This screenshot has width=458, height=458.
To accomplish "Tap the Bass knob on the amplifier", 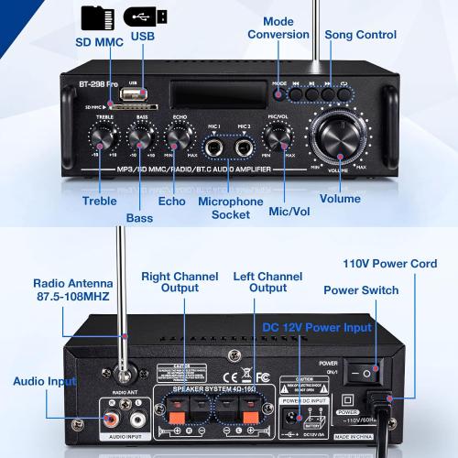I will point(139,136).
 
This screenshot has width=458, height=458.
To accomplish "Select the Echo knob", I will point(178,136).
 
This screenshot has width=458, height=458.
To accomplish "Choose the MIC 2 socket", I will point(243,146).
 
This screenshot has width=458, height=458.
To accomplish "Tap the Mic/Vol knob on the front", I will point(276,136).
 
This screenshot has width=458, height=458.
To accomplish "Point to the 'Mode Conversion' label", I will point(278,28).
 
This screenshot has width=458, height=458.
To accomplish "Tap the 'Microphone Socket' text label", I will point(230,207).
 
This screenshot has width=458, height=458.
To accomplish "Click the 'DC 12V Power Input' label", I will point(317,327).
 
